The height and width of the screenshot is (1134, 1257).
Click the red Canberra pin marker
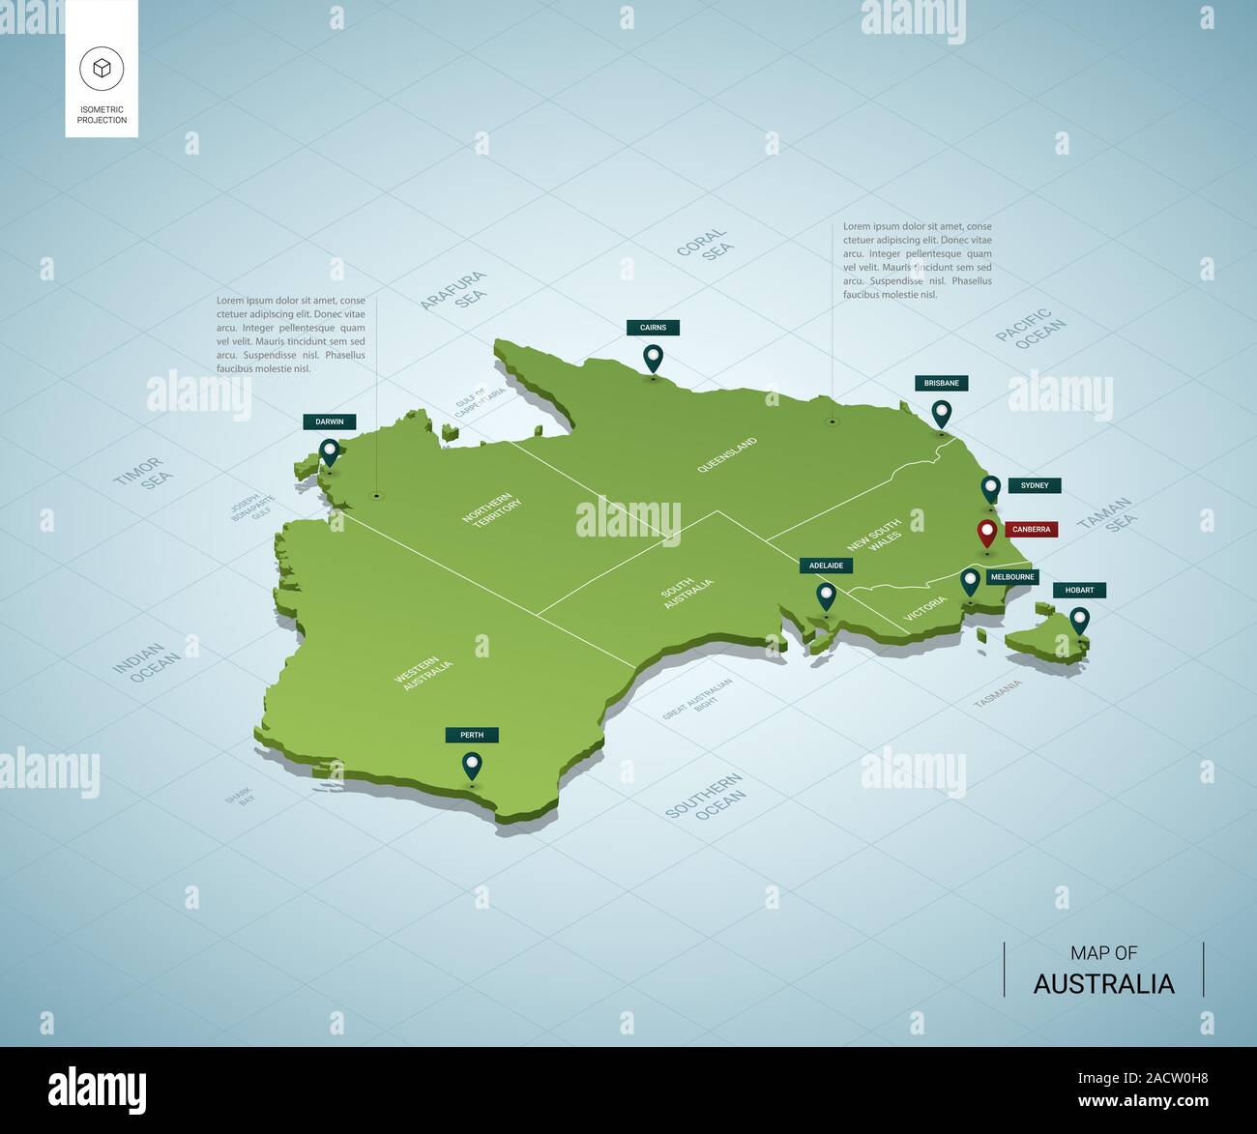pyautogui.click(x=986, y=533)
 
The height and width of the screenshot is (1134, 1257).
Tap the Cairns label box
pyautogui.click(x=653, y=328)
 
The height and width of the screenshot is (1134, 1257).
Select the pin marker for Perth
pyautogui.click(x=472, y=766)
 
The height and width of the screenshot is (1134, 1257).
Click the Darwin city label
pyautogui.click(x=330, y=422)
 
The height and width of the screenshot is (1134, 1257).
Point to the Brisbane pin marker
pyautogui.click(x=941, y=414)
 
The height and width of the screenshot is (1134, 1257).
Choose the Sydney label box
pyautogui.click(x=1034, y=485)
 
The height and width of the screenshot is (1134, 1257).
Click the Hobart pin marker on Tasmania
pyautogui.click(x=1079, y=620)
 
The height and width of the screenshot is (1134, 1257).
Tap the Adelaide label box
pyautogui.click(x=826, y=566)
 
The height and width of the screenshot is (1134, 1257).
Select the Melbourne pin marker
pyautogui.click(x=970, y=582)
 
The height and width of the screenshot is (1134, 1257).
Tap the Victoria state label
pyautogui.click(x=925, y=608)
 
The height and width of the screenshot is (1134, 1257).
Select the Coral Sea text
pyautogui.click(x=705, y=245)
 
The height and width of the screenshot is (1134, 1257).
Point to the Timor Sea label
pyautogui.click(x=145, y=472)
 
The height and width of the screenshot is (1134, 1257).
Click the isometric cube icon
pyautogui.click(x=102, y=68)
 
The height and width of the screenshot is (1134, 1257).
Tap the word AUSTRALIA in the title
pyautogui.click(x=1103, y=984)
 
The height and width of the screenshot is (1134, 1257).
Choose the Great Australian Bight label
pyautogui.click(x=698, y=699)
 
